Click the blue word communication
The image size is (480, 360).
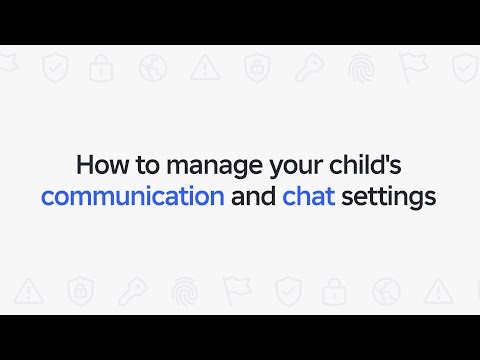pyautogui.click(x=132, y=195)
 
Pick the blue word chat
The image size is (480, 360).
pyautogui.click(x=309, y=195)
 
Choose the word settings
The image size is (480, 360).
pyautogui.click(x=388, y=195)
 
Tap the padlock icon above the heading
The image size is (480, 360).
pyautogui.click(x=101, y=68)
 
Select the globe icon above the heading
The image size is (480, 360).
pyautogui.click(x=153, y=68)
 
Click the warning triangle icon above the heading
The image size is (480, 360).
pyautogui.click(x=205, y=68)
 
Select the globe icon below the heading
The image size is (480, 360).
pyautogui.click(x=386, y=292)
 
